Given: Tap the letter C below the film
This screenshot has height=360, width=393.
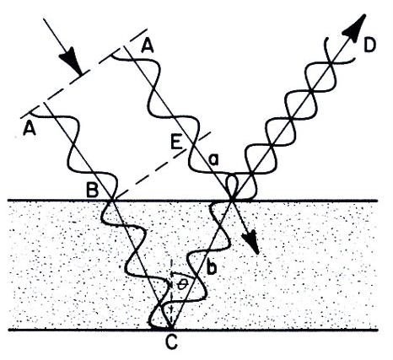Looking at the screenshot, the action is [171, 341].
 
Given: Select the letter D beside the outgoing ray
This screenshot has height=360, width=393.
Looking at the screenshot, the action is [369, 46].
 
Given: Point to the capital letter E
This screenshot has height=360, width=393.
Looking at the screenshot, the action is [176, 143].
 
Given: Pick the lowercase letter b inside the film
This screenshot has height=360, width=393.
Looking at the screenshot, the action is [211, 266].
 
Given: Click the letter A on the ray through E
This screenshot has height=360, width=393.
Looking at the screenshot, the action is [148, 46].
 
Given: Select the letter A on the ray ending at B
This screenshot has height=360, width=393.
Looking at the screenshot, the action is [30, 129].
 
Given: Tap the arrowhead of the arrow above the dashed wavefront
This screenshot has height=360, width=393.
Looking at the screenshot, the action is [70, 60].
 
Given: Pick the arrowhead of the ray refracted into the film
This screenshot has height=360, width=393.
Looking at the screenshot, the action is [250, 241].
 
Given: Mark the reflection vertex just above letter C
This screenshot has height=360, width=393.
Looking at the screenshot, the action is [170, 328].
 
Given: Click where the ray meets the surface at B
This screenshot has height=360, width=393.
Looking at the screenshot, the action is [112, 200].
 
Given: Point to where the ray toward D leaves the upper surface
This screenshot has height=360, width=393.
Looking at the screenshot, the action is [232, 200].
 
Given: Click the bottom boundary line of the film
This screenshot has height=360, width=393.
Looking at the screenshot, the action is [193, 329].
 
